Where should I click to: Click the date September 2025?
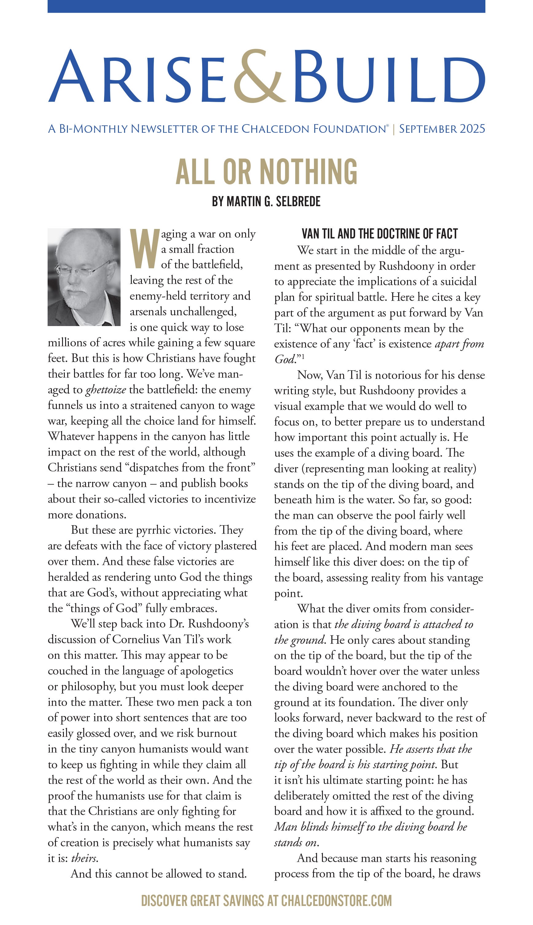click(x=442, y=129)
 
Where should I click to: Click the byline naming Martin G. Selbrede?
click(x=266, y=201)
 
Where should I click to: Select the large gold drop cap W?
click(x=145, y=249)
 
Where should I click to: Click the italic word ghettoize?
click(x=106, y=390)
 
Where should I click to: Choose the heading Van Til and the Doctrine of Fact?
click(x=380, y=234)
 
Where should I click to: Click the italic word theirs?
click(x=84, y=858)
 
